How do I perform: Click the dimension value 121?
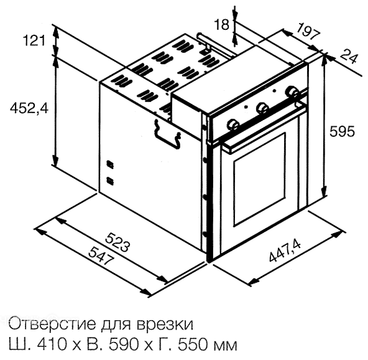coord(34,40)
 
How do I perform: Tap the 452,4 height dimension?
coord(29,108)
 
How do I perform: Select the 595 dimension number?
coord(342,131)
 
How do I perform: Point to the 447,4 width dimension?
coord(285,251)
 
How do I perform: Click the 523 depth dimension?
coord(117,242)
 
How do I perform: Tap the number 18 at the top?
coord(221,24)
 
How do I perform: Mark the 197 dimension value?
coord(308,31)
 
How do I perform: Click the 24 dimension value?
coord(349,57)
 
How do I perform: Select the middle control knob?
coord(262,108)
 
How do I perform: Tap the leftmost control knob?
coord(233,124)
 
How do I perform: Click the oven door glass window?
coord(259,179)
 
